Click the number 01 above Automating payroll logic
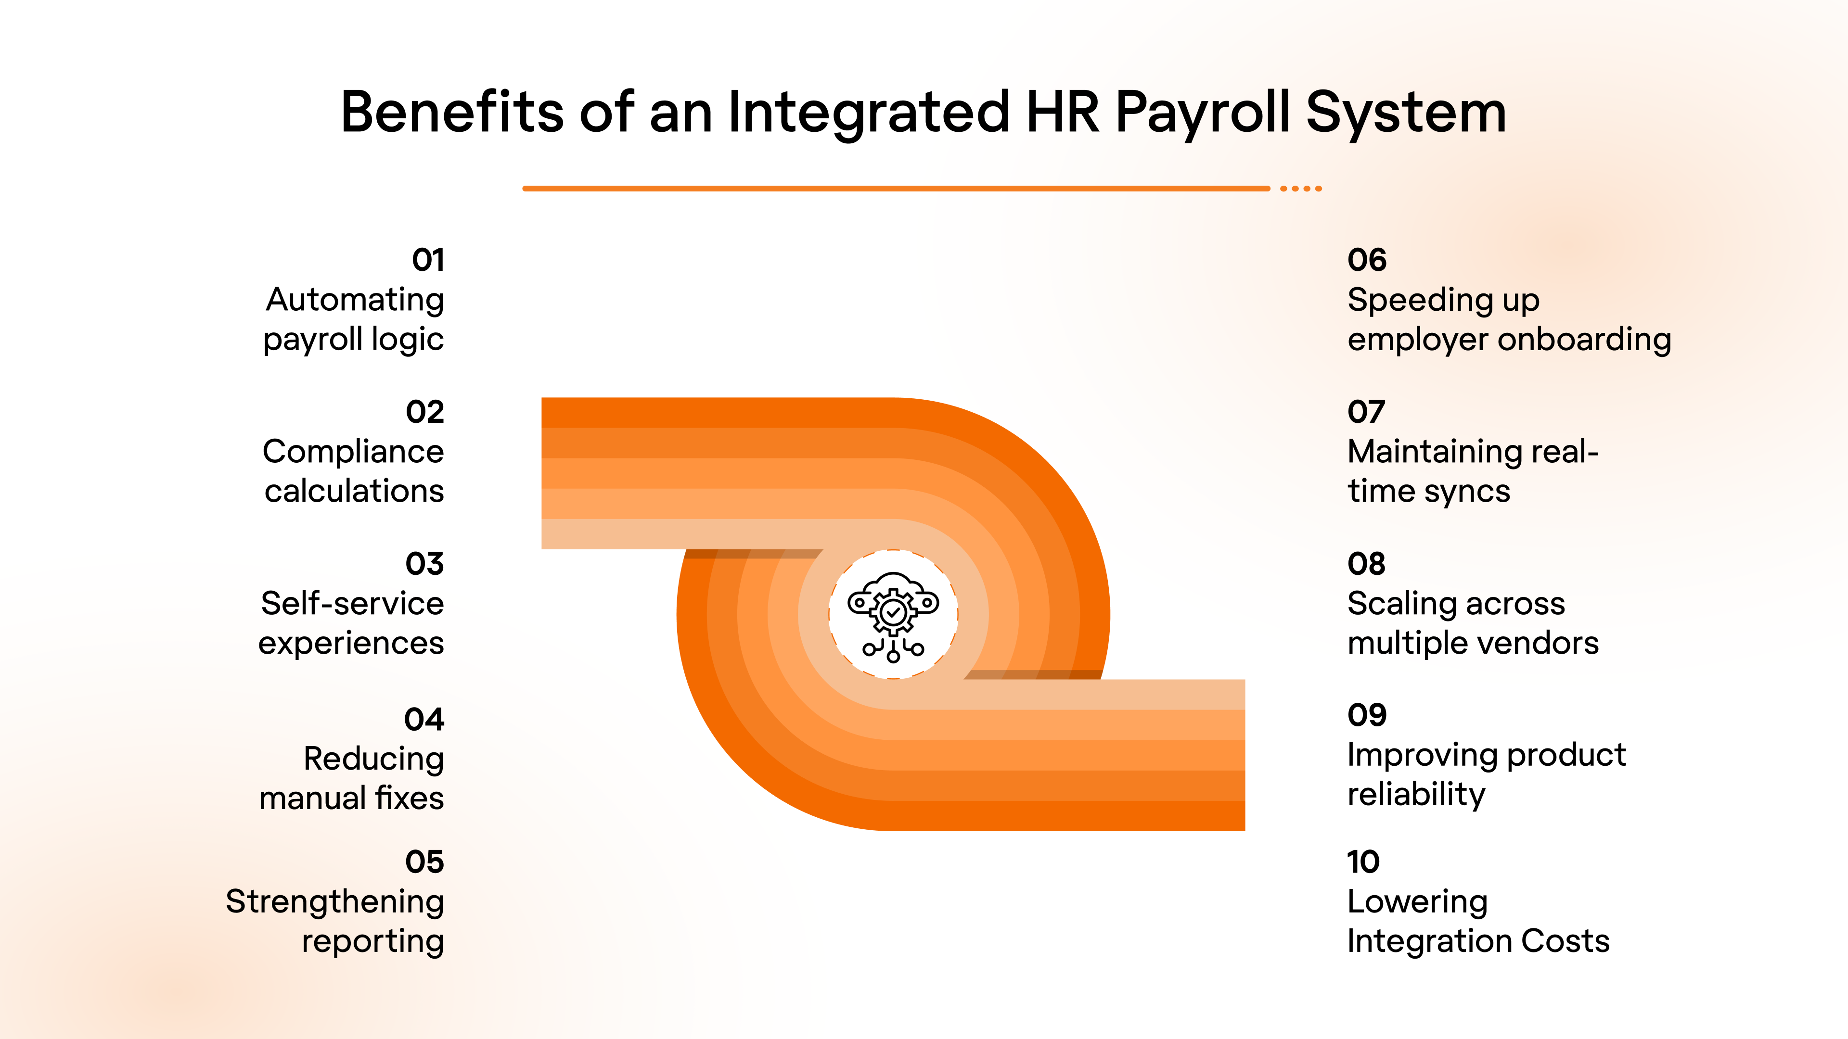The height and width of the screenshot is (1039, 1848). [428, 260]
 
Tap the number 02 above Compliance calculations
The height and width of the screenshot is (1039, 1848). [424, 412]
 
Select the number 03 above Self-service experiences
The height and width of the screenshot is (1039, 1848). [424, 564]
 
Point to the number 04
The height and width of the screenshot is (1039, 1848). [424, 719]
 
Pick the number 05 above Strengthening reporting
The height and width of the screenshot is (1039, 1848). [424, 861]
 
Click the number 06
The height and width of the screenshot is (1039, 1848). [1367, 260]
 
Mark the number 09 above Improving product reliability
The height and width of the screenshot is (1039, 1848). [1367, 715]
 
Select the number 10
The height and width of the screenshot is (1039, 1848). [1363, 861]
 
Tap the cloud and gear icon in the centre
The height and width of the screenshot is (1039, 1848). [893, 615]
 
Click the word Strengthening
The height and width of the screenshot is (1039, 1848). [335, 901]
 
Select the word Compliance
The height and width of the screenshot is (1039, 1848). [353, 452]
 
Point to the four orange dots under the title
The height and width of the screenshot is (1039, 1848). [1301, 189]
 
